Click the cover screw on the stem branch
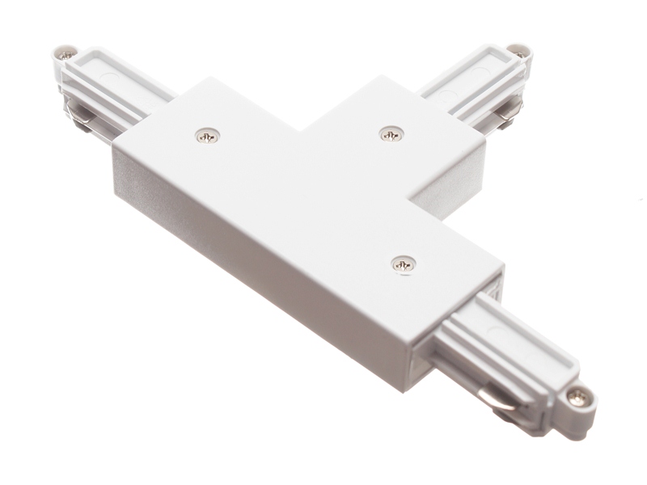click(391, 133)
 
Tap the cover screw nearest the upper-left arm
click(208, 136)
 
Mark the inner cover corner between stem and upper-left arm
click(306, 129)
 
